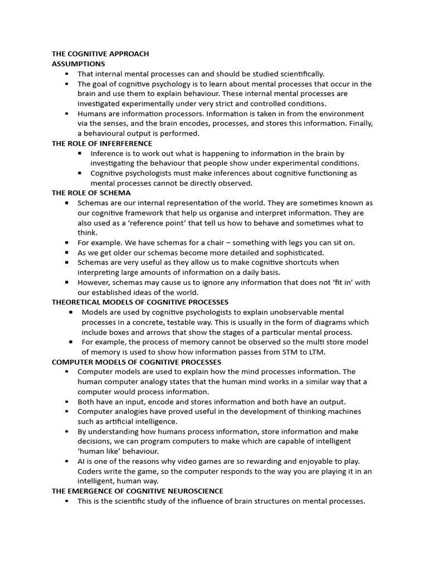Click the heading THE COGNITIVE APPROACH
click(x=100, y=54)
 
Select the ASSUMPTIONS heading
click(x=79, y=64)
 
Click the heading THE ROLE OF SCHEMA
click(x=91, y=193)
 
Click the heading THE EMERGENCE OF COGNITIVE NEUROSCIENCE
click(x=138, y=491)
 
